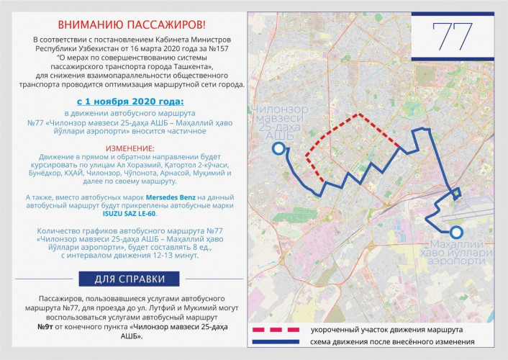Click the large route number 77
[453, 36]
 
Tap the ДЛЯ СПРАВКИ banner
[130, 279]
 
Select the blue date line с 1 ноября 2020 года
[130, 102]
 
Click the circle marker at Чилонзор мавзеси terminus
[278, 149]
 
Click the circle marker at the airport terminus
[455, 232]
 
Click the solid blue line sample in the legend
[276, 343]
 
